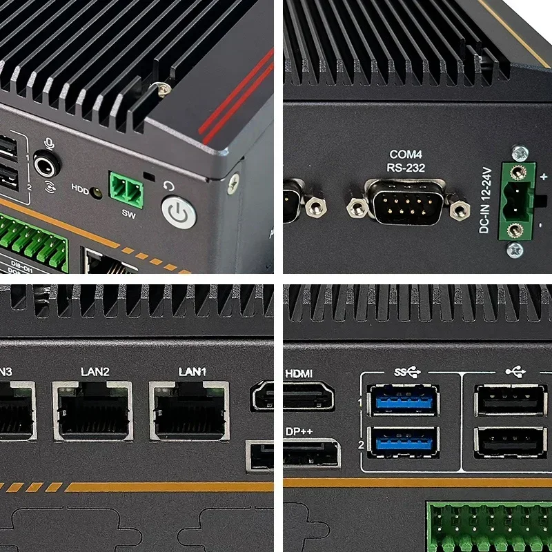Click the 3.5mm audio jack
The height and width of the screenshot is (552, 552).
(x=47, y=166)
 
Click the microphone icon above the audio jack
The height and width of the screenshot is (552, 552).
(x=49, y=143)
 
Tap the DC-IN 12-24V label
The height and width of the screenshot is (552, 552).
(x=485, y=199)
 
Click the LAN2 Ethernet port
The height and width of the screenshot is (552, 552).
(x=92, y=411)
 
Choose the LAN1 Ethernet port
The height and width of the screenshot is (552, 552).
(x=189, y=411)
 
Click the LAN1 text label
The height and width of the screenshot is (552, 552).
(x=193, y=372)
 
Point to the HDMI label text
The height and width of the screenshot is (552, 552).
(x=299, y=373)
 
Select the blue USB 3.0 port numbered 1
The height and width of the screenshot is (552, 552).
(x=404, y=400)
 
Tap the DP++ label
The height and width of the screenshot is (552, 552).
(x=299, y=431)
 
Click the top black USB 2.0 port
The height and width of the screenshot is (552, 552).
(x=511, y=400)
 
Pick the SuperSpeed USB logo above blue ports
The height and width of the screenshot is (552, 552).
(x=407, y=373)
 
